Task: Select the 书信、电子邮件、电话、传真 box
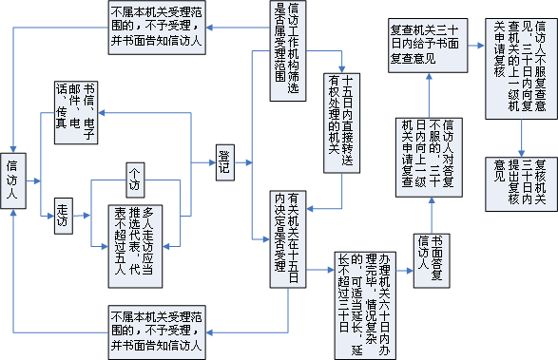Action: (77, 106)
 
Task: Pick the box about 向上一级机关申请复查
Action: (428, 157)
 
